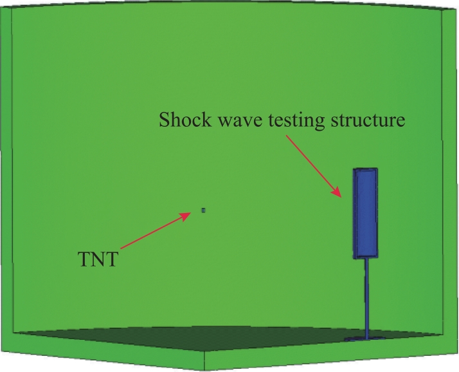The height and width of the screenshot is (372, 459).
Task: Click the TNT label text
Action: pyautogui.click(x=98, y=259)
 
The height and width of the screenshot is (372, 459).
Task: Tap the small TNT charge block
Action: pyautogui.click(x=203, y=210)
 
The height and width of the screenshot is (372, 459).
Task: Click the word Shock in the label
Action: pyautogui.click(x=185, y=120)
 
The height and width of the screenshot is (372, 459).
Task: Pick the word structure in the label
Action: pyautogui.click(x=368, y=120)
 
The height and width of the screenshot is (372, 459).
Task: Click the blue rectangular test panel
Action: pyautogui.click(x=365, y=214)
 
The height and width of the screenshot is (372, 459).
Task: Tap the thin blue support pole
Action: pyautogui.click(x=366, y=298)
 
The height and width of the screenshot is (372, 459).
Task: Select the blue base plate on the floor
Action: pyautogui.click(x=364, y=339)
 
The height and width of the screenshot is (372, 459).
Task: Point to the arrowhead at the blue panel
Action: pyautogui.click(x=337, y=192)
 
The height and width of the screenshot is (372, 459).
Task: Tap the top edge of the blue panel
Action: pyautogui.click(x=365, y=169)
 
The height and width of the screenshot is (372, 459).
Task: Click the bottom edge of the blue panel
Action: pyautogui.click(x=366, y=257)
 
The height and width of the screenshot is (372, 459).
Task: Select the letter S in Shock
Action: pyautogui.click(x=164, y=120)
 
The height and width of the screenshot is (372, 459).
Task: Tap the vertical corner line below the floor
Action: pyautogui.click(x=204, y=360)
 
